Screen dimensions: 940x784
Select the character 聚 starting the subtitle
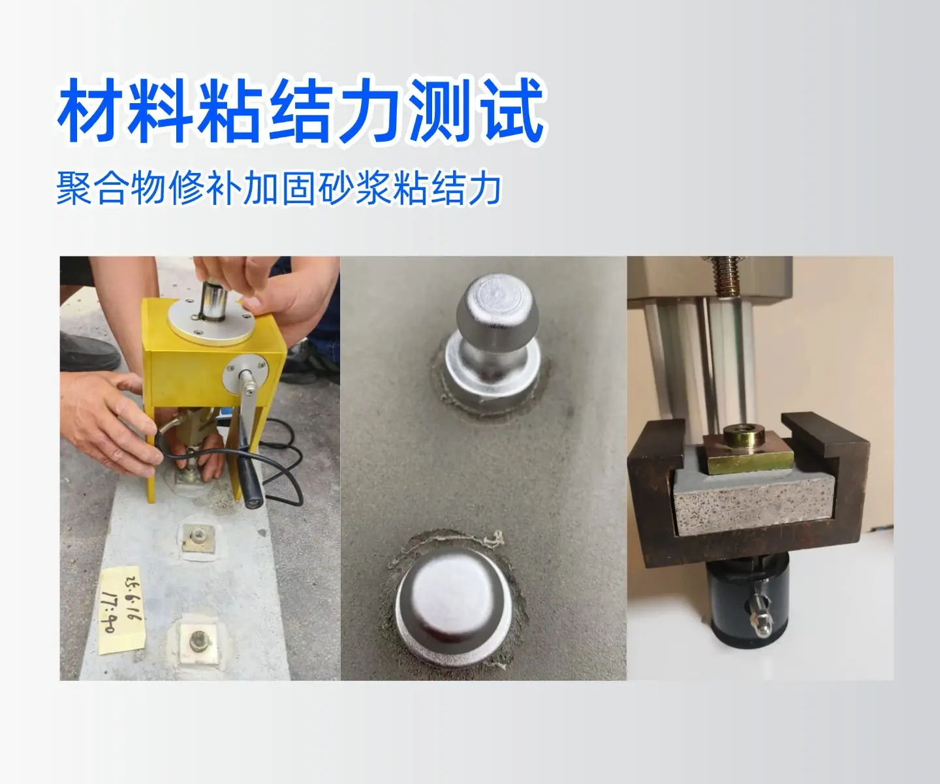point(74,188)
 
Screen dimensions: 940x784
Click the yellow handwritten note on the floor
point(120,610)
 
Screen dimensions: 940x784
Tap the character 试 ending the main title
point(510,111)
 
